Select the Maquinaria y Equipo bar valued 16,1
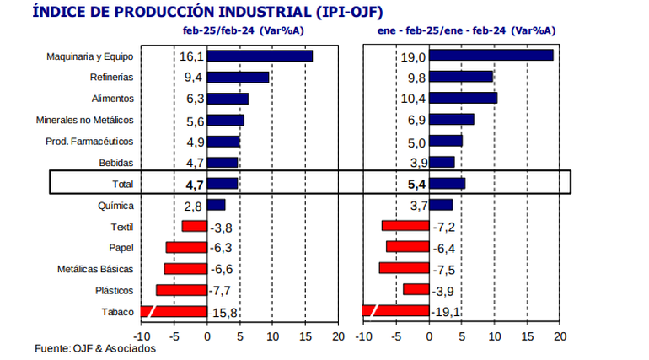(x=260, y=56)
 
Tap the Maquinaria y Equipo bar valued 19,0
(x=491, y=56)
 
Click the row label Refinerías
(x=111, y=78)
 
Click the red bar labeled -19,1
(x=394, y=311)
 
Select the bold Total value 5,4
(x=413, y=184)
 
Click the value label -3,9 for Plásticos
(x=444, y=291)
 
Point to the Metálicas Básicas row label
(x=95, y=270)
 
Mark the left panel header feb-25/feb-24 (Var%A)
(x=244, y=30)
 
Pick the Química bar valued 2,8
(x=217, y=205)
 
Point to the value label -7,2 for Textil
(x=444, y=227)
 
